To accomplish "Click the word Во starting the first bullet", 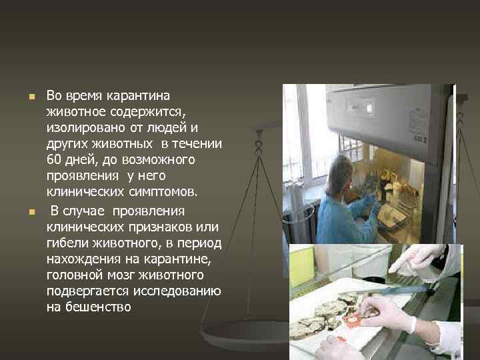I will (x=55, y=95).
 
